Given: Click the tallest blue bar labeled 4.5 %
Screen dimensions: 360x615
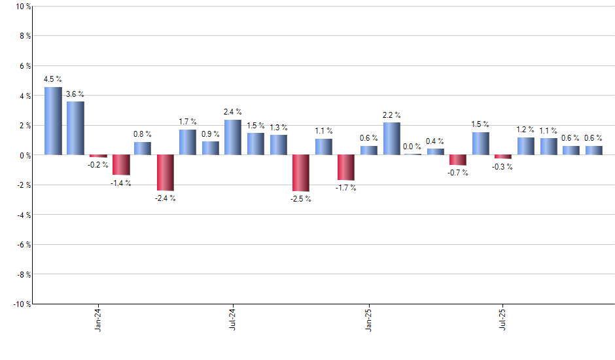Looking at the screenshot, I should [x=53, y=121].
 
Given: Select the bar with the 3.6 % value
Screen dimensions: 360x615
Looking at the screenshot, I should [x=75, y=128].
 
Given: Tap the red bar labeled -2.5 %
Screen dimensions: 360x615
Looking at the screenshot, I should [x=300, y=173].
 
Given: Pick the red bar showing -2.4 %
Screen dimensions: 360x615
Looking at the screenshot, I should [x=166, y=172].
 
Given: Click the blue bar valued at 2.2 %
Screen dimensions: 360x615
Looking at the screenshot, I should [x=391, y=139].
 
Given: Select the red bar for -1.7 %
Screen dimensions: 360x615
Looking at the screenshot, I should [x=345, y=168].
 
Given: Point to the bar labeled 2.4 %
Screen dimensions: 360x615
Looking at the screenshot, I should [x=233, y=137].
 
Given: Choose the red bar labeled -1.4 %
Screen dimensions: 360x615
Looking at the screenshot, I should [x=120, y=165].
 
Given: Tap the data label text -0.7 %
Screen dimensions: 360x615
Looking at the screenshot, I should [x=458, y=173].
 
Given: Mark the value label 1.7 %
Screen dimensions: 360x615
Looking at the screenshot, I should [x=188, y=122].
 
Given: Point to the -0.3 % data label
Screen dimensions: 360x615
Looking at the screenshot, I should [x=503, y=167].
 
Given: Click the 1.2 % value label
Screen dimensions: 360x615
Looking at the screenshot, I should [x=525, y=130].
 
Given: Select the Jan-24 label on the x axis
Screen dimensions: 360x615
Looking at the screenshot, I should [x=98, y=319].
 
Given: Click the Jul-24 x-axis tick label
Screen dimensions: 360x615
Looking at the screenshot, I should [x=233, y=319].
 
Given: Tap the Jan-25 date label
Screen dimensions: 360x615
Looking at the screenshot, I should [x=368, y=319].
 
